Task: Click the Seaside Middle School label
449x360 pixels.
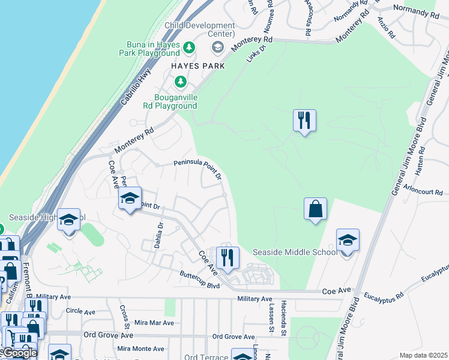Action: click(295, 252)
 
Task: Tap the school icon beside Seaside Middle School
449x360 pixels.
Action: click(348, 241)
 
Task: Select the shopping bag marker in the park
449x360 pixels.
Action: click(315, 209)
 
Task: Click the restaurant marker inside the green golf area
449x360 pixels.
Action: click(305, 121)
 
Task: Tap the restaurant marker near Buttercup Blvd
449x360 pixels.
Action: click(228, 258)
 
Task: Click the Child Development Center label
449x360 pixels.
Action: click(200, 29)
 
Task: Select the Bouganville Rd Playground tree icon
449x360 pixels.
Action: click(179, 82)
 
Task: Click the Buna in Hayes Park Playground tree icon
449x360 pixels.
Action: click(189, 47)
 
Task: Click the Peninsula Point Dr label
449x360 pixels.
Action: click(198, 170)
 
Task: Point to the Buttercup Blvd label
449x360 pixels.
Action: click(200, 278)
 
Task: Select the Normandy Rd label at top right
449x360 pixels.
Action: click(415, 10)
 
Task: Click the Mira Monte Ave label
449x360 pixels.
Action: click(140, 349)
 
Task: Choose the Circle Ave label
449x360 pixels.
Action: click(80, 312)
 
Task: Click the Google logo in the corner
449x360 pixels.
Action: click(19, 353)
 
